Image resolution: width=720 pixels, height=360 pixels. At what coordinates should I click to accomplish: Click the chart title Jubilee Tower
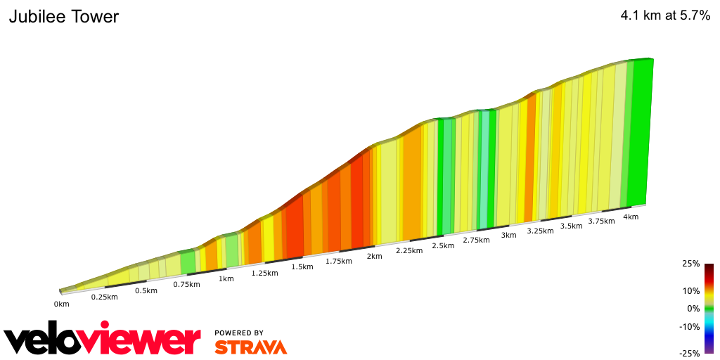(x=64, y=17)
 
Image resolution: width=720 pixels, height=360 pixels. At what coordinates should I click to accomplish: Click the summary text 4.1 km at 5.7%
(x=665, y=17)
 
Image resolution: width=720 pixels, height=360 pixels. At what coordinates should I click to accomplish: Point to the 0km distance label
(x=62, y=304)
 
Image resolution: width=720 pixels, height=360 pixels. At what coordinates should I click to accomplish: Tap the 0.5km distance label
(x=146, y=291)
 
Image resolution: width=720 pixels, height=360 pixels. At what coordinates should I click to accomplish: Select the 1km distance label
(x=226, y=278)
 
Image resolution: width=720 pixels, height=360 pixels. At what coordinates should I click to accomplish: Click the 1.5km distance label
(x=302, y=267)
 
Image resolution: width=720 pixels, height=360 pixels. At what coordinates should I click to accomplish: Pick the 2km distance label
(x=374, y=256)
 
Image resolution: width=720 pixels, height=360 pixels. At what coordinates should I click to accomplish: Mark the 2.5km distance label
(x=443, y=245)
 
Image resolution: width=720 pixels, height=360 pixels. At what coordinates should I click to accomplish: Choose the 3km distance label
(x=508, y=235)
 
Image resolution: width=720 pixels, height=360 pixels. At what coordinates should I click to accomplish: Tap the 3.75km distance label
(x=601, y=221)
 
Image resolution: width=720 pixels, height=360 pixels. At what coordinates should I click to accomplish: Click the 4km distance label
(x=631, y=217)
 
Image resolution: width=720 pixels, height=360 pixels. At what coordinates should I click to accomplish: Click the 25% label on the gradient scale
(x=691, y=264)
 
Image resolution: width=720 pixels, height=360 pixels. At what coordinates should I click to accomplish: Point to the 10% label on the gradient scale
(x=691, y=290)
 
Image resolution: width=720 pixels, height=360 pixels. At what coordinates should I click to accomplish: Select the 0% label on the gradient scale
(x=693, y=308)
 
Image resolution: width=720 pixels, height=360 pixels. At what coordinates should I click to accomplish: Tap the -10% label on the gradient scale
(x=690, y=326)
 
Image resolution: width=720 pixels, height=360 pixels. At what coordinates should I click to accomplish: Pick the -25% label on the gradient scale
(x=690, y=353)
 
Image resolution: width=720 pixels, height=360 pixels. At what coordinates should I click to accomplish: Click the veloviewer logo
(x=103, y=340)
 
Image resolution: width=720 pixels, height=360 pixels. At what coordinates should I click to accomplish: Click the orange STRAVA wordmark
(x=250, y=347)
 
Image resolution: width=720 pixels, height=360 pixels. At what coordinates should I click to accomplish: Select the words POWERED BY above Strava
(x=239, y=333)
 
